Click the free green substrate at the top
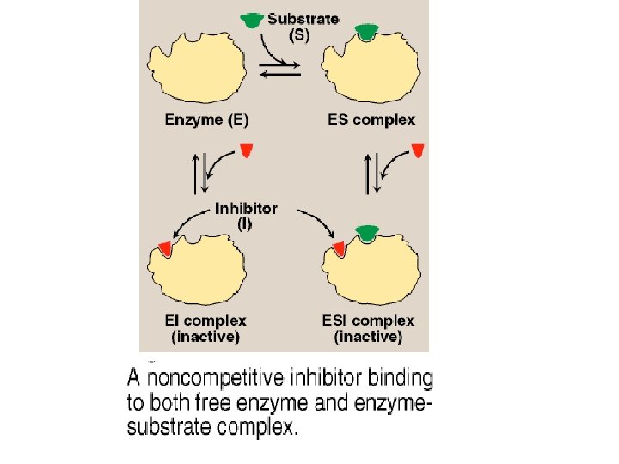(251, 21)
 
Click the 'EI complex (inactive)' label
(206, 328)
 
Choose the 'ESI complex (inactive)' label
(369, 328)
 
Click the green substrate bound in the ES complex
(367, 33)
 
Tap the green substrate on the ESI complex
(367, 232)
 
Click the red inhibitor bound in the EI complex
(164, 248)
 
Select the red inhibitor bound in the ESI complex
(339, 248)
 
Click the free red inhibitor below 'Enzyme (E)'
(247, 150)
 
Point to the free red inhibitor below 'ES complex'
(418, 150)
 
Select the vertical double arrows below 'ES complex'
(371, 173)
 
